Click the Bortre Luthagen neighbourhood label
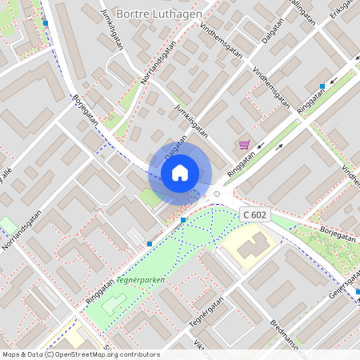[159, 14]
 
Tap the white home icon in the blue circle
[180, 172]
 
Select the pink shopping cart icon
[244, 145]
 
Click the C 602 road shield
[254, 214]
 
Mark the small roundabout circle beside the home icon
[216, 194]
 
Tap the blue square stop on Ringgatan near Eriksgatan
[322, 86]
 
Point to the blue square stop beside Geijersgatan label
[358, 292]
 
